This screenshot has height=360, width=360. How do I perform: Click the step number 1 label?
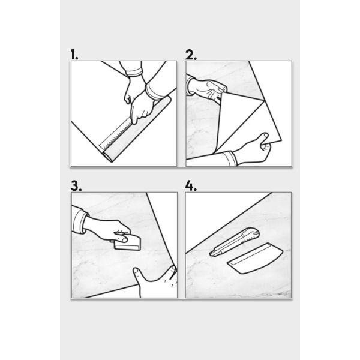tap(74, 55)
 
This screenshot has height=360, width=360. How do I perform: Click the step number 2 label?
tap(191, 55)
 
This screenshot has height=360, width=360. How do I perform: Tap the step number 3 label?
tap(76, 186)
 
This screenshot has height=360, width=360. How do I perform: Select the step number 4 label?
tap(191, 186)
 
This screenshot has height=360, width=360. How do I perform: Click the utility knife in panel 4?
tap(234, 242)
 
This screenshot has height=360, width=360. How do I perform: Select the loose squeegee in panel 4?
tap(256, 259)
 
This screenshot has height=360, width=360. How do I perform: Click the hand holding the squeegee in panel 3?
tap(107, 230)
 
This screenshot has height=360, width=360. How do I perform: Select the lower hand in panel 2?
tap(253, 151)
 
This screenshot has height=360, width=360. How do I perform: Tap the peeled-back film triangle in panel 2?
tap(244, 119)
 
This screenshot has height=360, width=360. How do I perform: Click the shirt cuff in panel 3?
tap(80, 221)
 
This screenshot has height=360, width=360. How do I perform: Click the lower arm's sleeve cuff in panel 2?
tap(230, 158)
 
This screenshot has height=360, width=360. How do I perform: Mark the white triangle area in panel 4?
tap(220, 216)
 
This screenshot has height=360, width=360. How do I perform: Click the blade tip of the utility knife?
tap(211, 254)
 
